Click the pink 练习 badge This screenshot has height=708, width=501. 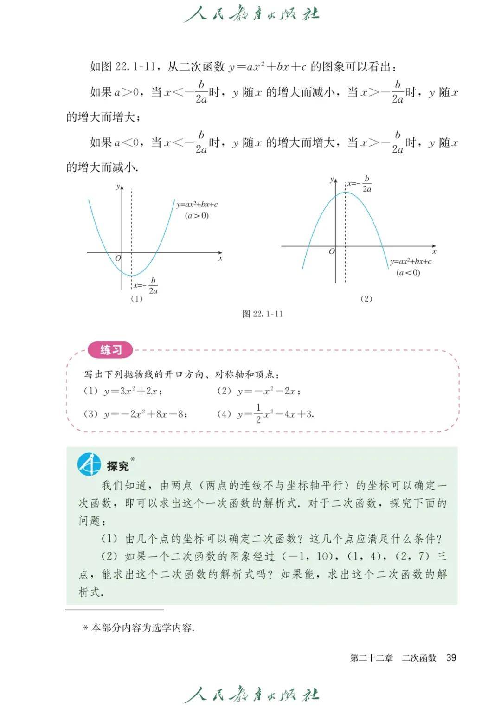pyautogui.click(x=110, y=350)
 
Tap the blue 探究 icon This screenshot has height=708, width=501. pyautogui.click(x=89, y=464)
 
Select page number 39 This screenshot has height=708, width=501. pyautogui.click(x=451, y=657)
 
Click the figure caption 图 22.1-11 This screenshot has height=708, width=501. pyautogui.click(x=263, y=314)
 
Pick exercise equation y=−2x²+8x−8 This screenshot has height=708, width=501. pyautogui.click(x=145, y=414)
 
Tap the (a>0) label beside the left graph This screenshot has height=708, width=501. pyautogui.click(x=197, y=215)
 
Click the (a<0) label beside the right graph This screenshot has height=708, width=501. pyautogui.click(x=408, y=272)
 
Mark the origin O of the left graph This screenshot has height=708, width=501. pyautogui.click(x=118, y=258)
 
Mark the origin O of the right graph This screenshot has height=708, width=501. pyautogui.click(x=331, y=251)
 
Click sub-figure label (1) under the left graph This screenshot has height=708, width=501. pyautogui.click(x=136, y=299)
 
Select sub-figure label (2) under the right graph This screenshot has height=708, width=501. pyautogui.click(x=366, y=299)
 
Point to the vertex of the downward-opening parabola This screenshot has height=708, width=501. pyautogui.click(x=346, y=192)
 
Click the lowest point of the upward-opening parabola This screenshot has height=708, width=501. pyautogui.click(x=132, y=276)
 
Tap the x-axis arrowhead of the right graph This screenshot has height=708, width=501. pyautogui.click(x=434, y=246)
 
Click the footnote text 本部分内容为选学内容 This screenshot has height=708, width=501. pyautogui.click(x=142, y=628)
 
